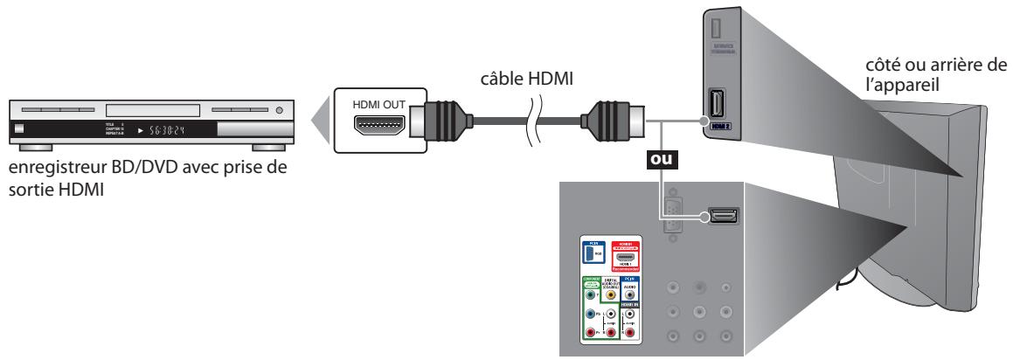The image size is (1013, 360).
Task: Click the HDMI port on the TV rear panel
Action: [724, 215]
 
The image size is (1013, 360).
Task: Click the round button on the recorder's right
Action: [280, 111]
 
